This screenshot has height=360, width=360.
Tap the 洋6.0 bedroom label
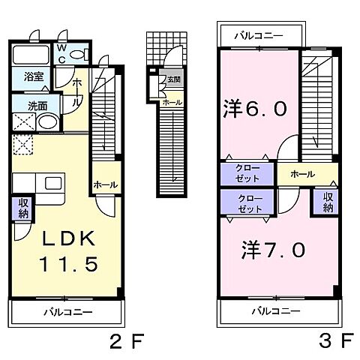(253, 109)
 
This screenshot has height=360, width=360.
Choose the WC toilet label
(62, 53)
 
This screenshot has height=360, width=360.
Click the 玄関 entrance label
(173, 79)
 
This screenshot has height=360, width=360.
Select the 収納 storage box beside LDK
(22, 208)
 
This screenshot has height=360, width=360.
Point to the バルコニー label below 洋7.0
(275, 310)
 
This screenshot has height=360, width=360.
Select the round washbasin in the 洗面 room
(47, 124)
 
